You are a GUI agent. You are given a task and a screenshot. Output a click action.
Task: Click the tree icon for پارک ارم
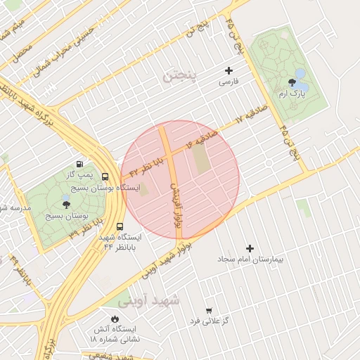click(292, 82)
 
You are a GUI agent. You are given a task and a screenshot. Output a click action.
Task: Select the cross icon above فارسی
click(228, 70)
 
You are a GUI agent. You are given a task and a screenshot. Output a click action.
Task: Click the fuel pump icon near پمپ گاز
click(79, 163)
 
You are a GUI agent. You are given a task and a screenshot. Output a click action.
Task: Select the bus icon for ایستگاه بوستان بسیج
click(105, 176)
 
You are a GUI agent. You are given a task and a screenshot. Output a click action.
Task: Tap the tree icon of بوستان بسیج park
click(66, 205)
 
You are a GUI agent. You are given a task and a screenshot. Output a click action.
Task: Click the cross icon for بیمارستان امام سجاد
click(250, 248)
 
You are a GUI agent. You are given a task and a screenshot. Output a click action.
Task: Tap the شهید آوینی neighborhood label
click(149, 301)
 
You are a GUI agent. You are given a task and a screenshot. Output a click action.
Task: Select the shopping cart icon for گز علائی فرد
click(209, 310)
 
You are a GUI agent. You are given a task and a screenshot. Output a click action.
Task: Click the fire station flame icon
click(115, 318)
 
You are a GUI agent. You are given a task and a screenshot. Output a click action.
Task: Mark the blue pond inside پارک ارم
click(301, 74)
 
